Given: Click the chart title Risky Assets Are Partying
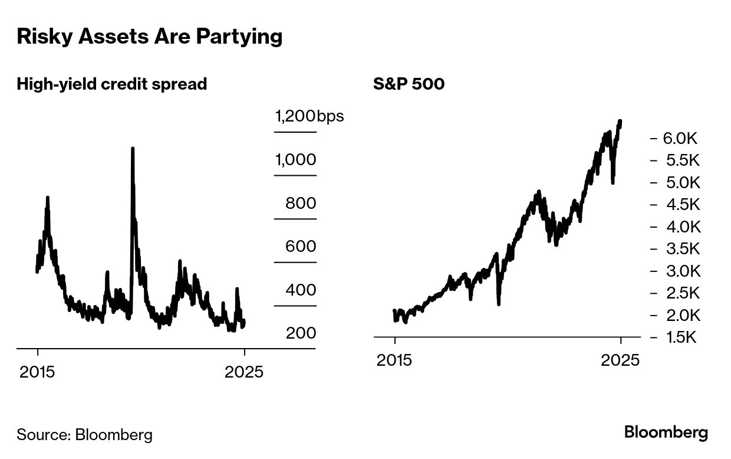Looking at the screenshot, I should tap(150, 37).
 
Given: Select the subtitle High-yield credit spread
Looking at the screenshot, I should tap(112, 84).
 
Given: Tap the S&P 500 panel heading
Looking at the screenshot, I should tap(409, 84).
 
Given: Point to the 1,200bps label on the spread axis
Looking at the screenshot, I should tap(309, 116).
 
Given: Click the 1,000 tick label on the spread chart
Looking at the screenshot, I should tap(295, 160).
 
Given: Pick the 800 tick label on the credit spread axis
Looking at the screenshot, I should tap(301, 204).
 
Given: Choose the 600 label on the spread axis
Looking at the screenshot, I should tap(301, 247).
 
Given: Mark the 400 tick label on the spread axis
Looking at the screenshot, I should tap(301, 290).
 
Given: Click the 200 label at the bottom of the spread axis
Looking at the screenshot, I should tap(301, 333).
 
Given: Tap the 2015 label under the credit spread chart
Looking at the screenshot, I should tap(38, 372).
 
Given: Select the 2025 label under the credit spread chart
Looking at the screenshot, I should tap(245, 372).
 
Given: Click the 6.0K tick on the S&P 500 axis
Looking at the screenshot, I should tap(680, 139).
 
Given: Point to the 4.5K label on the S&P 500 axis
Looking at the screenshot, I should tap(680, 205).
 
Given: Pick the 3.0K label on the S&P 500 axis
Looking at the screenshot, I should tap(680, 271).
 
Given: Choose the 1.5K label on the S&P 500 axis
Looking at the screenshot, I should tap(680, 337).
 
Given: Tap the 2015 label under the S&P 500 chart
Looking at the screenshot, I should tap(395, 360).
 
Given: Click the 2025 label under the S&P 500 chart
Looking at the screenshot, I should tap(620, 360).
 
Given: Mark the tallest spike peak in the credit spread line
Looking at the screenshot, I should tap(133, 149).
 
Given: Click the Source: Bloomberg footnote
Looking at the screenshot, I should tap(84, 435).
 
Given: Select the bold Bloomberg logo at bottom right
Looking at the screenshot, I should tap(666, 432).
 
